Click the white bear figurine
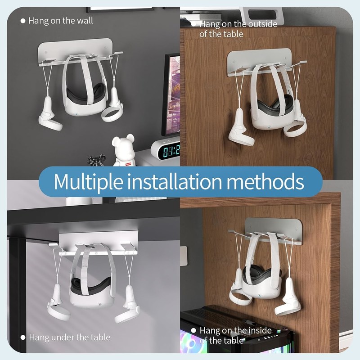pos(124,150)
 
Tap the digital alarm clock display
pos(171,151)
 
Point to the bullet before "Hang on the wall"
pos(23,21)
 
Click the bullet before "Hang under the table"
pos(23,337)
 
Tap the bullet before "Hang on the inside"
pos(193,330)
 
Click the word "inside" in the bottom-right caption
pos(260,330)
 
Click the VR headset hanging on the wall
pos(85,96)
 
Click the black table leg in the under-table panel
pos(17,294)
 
